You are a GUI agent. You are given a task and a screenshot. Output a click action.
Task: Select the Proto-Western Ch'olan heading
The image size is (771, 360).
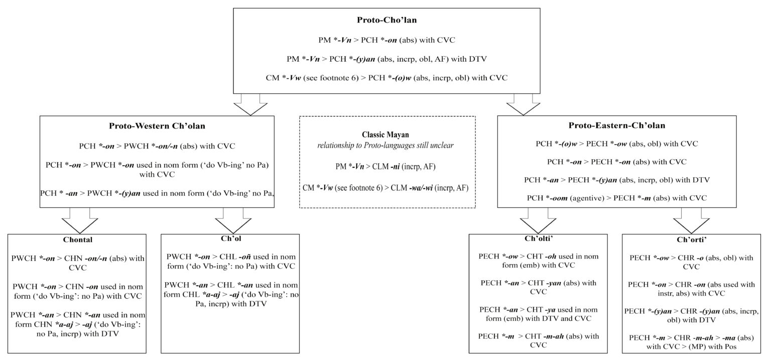coord(157,126)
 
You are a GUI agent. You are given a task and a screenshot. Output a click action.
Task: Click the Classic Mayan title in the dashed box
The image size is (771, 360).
coord(387,135)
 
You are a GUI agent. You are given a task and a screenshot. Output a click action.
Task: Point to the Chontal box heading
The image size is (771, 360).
coord(78,239)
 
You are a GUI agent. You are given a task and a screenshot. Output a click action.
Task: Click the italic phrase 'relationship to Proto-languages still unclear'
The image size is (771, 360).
coord(387,145)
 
